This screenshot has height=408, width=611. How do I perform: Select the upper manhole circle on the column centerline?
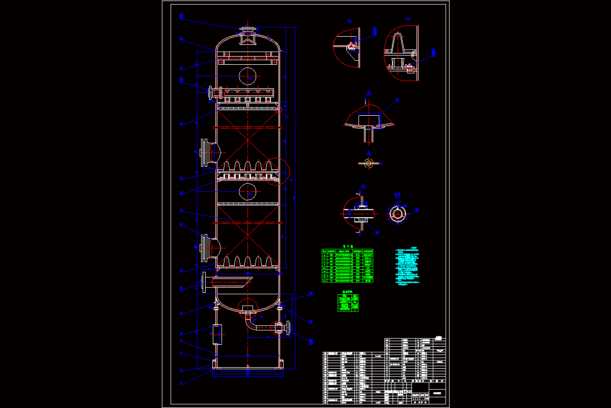click(x=247, y=75)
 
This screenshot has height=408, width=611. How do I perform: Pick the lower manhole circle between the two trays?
click(x=247, y=192)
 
